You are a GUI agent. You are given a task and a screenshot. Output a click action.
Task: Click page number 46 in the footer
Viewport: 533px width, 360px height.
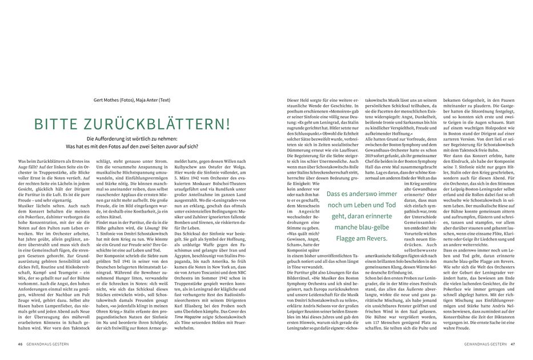tap(20, 344)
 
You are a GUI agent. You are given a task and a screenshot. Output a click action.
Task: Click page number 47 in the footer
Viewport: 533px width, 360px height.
tap(513, 344)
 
